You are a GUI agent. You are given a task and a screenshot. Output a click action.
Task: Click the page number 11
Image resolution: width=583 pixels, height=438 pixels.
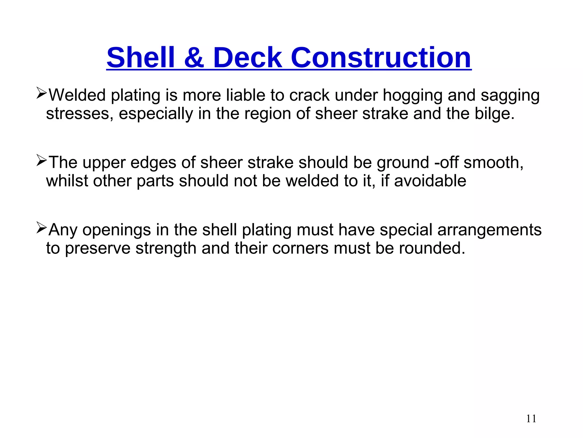[x=531, y=419]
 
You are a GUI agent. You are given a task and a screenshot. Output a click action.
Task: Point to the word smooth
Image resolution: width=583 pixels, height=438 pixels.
[x=493, y=163]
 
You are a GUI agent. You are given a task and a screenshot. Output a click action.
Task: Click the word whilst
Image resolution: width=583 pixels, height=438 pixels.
[x=67, y=181]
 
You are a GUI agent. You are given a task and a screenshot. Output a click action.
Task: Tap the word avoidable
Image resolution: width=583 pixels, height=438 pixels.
[x=430, y=181]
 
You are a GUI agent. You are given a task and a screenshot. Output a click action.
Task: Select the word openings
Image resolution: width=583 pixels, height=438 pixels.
[x=117, y=230]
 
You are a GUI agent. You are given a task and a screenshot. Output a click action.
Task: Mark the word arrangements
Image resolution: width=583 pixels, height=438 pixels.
[x=489, y=230]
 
